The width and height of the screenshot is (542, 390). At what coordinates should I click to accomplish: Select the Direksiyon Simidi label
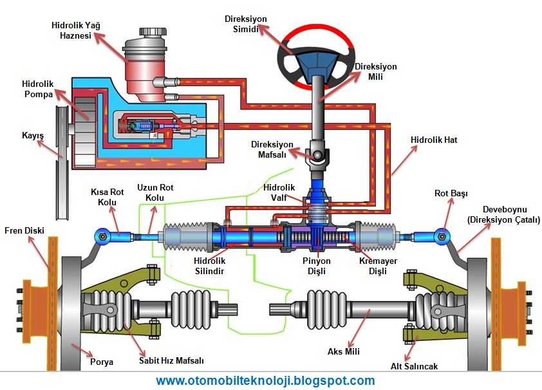click(245, 24)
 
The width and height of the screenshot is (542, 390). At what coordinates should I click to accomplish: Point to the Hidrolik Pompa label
click(37, 89)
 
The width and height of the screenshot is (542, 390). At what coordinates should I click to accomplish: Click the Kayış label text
click(32, 135)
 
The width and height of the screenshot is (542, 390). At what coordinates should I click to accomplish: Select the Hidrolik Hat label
click(434, 140)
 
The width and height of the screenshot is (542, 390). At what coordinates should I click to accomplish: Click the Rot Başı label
click(451, 193)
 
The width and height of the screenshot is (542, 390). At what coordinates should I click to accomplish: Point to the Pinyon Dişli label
click(316, 266)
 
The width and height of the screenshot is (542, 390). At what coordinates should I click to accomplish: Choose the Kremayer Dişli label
click(378, 266)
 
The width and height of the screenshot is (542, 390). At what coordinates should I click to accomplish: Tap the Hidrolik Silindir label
click(209, 266)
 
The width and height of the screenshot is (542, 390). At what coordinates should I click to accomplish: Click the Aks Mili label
click(343, 351)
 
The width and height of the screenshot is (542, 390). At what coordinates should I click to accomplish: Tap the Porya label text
click(102, 362)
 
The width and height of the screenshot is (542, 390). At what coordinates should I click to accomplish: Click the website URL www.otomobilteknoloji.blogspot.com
click(265, 380)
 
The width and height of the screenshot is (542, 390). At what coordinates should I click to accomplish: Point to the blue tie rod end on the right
click(441, 236)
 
